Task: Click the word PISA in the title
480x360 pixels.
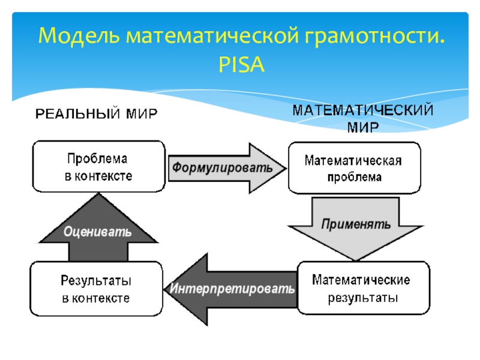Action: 242,64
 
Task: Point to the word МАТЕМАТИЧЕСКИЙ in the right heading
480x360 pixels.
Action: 363,110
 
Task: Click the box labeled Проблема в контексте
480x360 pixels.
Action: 98,167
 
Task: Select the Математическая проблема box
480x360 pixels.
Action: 353,168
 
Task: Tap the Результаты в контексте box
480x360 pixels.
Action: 96,289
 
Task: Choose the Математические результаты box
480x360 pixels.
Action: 364,289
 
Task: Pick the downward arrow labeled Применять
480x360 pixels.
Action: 356,226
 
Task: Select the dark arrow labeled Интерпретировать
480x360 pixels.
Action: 234,289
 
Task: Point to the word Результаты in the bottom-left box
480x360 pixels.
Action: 96,280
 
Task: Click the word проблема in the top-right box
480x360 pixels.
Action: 353,177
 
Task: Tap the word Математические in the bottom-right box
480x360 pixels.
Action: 361,280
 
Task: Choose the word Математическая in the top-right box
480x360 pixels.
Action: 353,160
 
